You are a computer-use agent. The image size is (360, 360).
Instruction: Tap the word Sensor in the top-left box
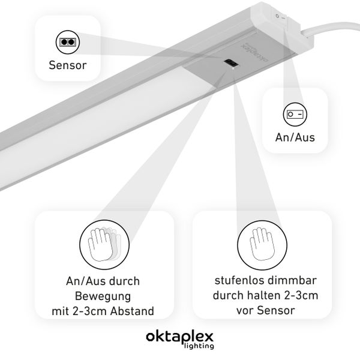pos(67,64)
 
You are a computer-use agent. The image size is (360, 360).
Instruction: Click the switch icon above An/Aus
pos(295,113)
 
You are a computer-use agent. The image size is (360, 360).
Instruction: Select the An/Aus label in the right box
pos(295,137)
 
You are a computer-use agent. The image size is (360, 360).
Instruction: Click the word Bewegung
pos(103,296)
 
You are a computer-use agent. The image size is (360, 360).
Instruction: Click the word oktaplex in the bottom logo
pos(179,336)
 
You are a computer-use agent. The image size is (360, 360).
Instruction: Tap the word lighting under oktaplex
pos(196,346)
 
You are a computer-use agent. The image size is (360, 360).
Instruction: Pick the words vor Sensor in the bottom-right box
pos(262,311)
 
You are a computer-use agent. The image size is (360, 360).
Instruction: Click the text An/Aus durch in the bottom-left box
pos(103,280)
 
